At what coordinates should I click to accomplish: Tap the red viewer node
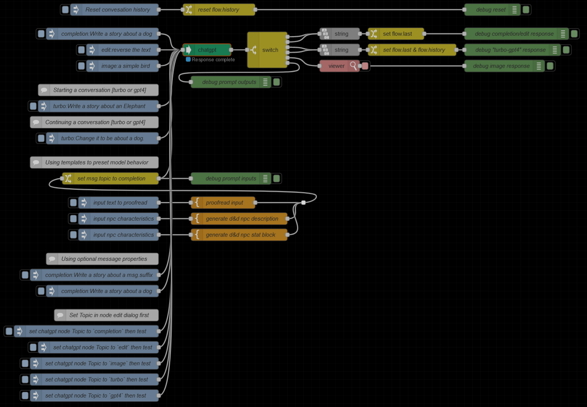(x=336, y=66)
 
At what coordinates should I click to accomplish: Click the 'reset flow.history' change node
(x=218, y=10)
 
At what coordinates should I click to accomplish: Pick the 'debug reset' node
(x=490, y=10)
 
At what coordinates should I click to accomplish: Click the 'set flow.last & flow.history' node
(x=414, y=50)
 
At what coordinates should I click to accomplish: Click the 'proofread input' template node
(x=224, y=203)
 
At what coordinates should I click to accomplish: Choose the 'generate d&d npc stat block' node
(x=240, y=235)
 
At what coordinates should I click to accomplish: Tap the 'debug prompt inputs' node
(x=231, y=178)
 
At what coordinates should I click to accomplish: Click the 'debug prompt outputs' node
(x=229, y=82)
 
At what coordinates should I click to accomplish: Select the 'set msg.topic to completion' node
(x=111, y=178)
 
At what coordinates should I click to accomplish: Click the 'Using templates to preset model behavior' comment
(x=97, y=162)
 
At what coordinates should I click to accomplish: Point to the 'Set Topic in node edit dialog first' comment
(x=109, y=315)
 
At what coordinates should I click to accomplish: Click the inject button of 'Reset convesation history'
(x=65, y=10)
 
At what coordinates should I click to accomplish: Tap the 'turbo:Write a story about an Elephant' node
(x=99, y=106)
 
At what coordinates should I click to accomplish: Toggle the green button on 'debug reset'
(x=526, y=10)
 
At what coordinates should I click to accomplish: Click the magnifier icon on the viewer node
(x=353, y=66)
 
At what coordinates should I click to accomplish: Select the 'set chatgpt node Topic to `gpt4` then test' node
(x=95, y=396)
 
